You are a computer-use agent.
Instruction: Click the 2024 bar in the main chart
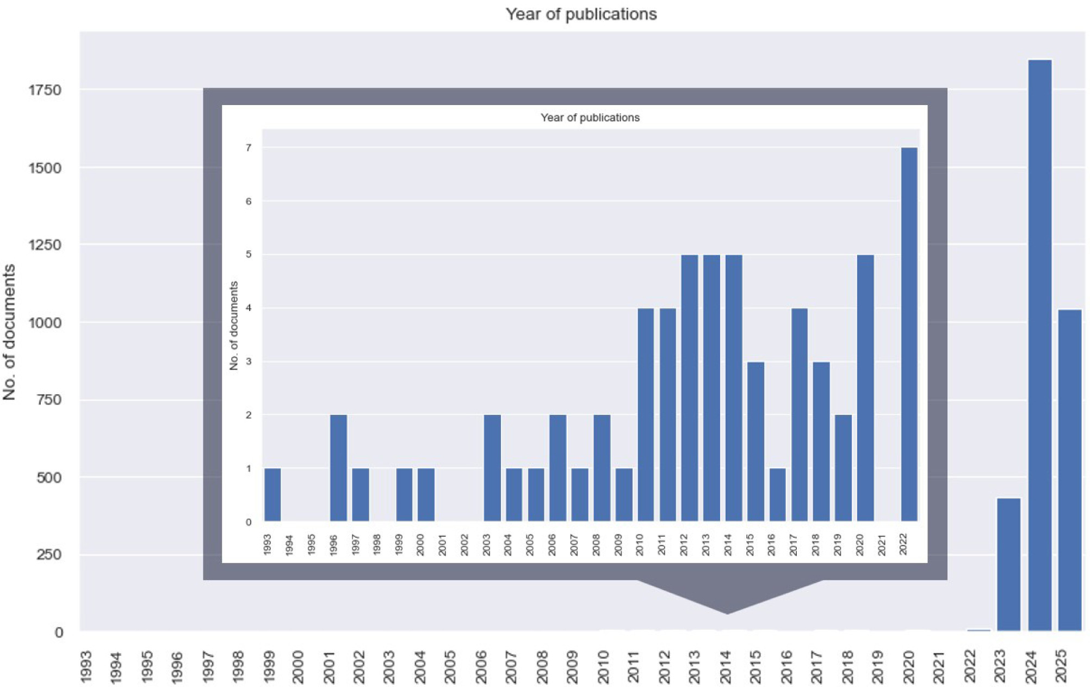1039,345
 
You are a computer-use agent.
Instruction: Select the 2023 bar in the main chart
1008,564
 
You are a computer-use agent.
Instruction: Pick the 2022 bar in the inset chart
909,334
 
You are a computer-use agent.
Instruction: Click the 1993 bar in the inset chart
272,494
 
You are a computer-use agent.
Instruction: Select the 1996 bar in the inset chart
338,468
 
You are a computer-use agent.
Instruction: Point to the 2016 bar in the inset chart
777,494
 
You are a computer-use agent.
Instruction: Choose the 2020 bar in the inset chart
865,388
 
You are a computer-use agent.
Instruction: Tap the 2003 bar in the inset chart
492,468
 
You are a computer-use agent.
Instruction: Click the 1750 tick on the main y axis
45,90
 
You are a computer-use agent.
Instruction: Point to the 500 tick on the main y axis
49,477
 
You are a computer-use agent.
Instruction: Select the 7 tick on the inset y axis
249,148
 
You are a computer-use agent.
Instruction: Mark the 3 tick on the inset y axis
249,361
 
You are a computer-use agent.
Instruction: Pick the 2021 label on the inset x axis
882,545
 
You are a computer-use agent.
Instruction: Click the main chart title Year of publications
581,14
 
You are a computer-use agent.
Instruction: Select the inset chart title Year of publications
590,118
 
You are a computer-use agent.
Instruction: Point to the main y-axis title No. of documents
9,332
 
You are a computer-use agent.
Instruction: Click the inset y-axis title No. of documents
234,326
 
